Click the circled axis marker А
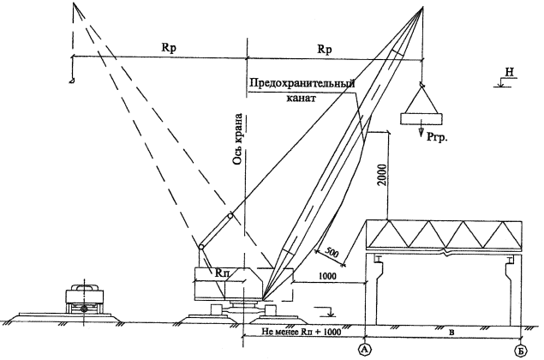coord(365,350)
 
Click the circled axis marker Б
coord(521,351)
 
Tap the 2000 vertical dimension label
coord(381,174)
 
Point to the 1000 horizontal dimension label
coord(327,276)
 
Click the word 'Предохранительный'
coord(302,84)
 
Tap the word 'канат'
coord(302,99)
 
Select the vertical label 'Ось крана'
coord(238,139)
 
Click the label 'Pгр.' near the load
coord(437,137)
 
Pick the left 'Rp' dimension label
coord(169,48)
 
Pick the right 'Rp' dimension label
coord(325,50)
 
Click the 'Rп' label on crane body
coord(222,273)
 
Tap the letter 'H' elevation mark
coord(509,72)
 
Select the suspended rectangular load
coord(421,119)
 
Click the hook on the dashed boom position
coord(71,81)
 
